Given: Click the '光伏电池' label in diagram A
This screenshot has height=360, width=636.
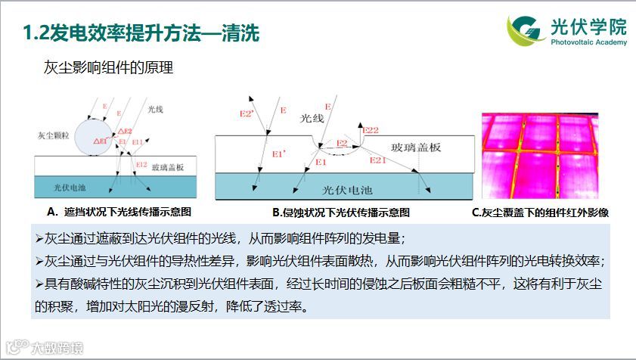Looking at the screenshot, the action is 72,186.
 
